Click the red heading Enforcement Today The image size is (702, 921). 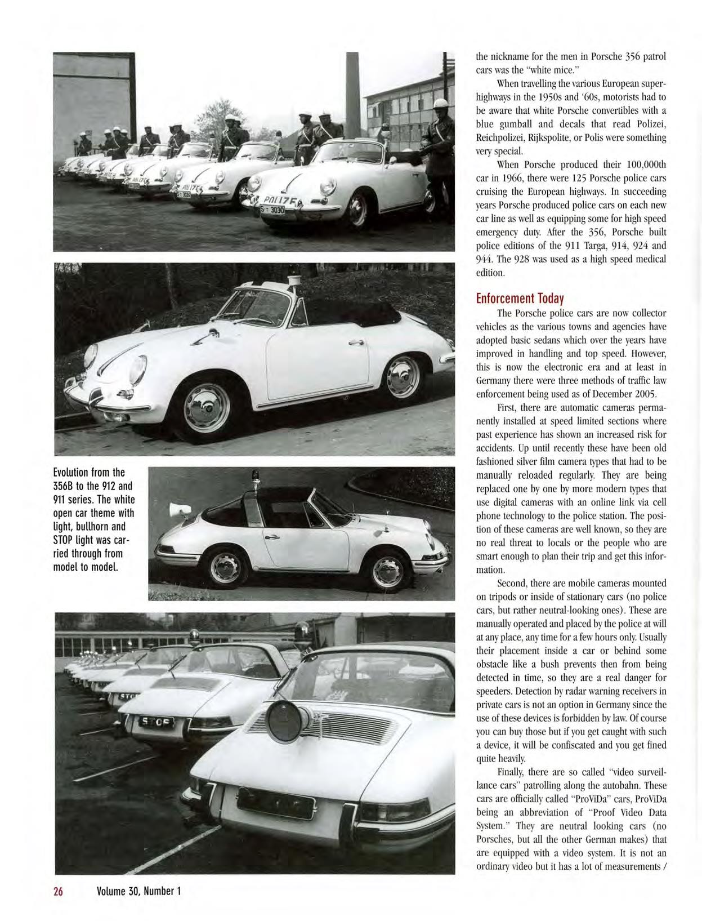pos(520,298)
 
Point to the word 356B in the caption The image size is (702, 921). pos(65,486)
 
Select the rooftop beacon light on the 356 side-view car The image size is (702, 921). pos(293,280)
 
